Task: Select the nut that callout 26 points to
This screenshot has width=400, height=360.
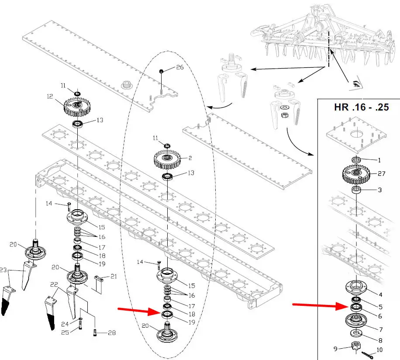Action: (162, 71)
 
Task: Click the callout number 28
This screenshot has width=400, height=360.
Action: (112, 333)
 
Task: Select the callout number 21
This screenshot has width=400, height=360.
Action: (114, 276)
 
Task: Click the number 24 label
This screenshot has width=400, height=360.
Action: (64, 324)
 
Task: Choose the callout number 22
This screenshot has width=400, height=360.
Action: (54, 284)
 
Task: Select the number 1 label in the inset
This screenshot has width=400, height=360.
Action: (379, 160)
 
